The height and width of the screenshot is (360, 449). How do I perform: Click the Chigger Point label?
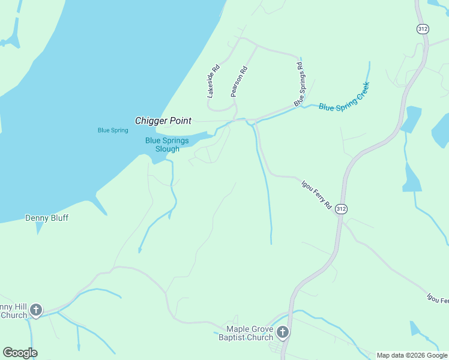pyautogui.click(x=163, y=121)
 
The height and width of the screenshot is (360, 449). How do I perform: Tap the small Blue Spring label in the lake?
pyautogui.click(x=113, y=130)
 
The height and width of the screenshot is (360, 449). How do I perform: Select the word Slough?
pyautogui.click(x=167, y=149)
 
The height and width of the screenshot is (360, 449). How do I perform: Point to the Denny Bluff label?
pyautogui.click(x=46, y=218)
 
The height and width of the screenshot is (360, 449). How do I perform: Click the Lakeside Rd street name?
pyautogui.click(x=213, y=81)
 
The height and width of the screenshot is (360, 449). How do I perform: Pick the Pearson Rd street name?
pyautogui.click(x=239, y=82)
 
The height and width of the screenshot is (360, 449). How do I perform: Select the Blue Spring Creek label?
pyautogui.click(x=344, y=97)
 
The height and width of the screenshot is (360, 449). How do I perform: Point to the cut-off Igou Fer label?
pyautogui.click(x=437, y=298)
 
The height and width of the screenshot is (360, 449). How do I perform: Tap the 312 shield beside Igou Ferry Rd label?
pyautogui.click(x=341, y=208)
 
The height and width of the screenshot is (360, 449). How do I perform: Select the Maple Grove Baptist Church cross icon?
pyautogui.click(x=283, y=332)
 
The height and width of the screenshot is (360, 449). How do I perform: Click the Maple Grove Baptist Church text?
pyautogui.click(x=249, y=333)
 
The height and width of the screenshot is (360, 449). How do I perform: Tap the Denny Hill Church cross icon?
pyautogui.click(x=36, y=310)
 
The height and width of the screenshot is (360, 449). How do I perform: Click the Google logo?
pyautogui.click(x=20, y=353)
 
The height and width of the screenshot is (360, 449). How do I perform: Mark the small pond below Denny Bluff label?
pyautogui.click(x=40, y=228)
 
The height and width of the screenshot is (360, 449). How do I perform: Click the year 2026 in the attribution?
pyautogui.click(x=417, y=355)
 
